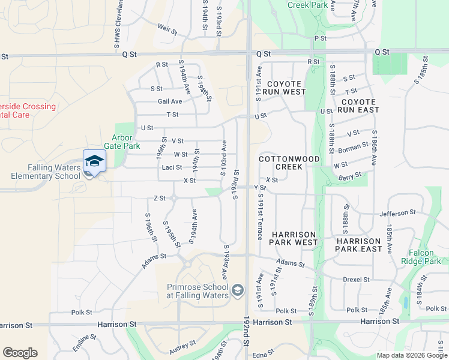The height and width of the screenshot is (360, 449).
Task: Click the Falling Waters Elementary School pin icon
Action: pyautogui.click(x=94, y=161)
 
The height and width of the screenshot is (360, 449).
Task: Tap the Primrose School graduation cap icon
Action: pyautogui.click(x=238, y=291)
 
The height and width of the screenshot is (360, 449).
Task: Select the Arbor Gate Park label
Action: pyautogui.click(x=125, y=142)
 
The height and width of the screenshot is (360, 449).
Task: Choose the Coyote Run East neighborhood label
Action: pyautogui.click(x=358, y=106)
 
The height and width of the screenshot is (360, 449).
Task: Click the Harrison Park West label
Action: pyautogui.click(x=294, y=238)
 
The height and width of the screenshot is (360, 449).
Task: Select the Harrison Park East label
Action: pyautogui.click(x=358, y=245)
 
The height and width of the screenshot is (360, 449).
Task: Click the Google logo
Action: pyautogui.click(x=20, y=353)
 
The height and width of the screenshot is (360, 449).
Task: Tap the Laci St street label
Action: pyautogui.click(x=172, y=167)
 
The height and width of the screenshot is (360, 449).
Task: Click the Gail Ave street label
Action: pyautogui.click(x=169, y=101)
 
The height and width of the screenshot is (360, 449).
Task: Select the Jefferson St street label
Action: pyautogui.click(x=397, y=212)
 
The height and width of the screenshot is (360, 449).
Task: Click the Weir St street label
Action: pyautogui.click(x=167, y=29)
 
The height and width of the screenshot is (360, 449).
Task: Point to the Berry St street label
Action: pyautogui.click(x=350, y=175)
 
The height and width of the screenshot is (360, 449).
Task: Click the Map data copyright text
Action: pyautogui.click(x=412, y=355)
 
